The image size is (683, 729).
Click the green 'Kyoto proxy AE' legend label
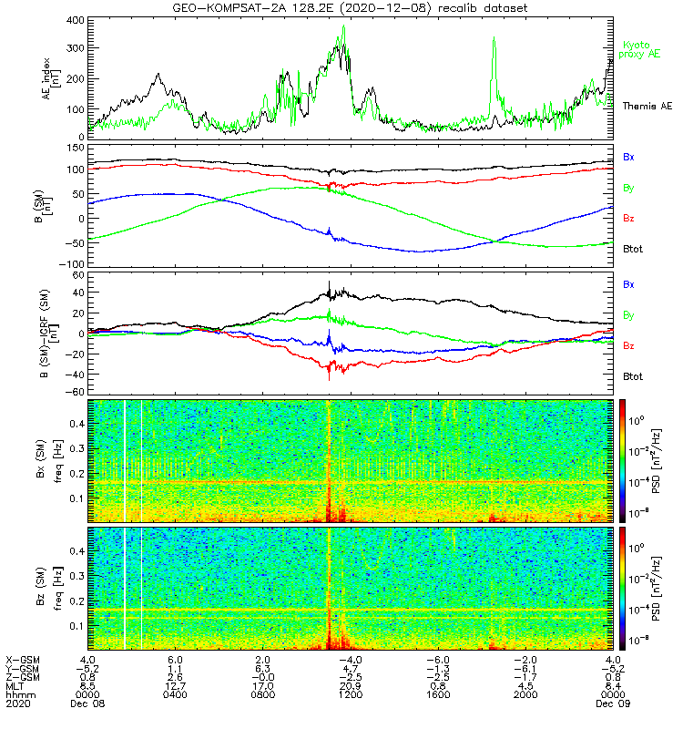point(642,50)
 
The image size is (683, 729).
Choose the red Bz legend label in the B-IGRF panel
point(629,346)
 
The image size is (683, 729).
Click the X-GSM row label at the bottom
point(20,660)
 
